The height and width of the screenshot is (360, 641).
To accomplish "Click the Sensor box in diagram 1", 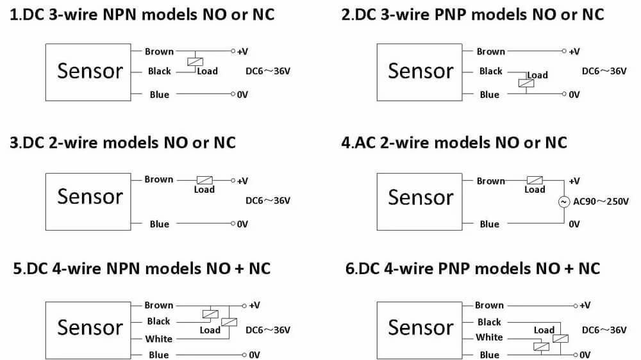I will [90, 71].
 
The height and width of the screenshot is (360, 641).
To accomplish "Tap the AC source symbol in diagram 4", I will [564, 202].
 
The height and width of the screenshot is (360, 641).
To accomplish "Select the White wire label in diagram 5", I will [158, 339].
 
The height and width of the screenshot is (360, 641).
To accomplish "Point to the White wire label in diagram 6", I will [489, 337].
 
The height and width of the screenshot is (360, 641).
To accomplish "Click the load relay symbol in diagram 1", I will [196, 61].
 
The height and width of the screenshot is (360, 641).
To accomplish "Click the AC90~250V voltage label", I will [601, 202].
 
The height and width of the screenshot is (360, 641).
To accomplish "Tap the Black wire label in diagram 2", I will [490, 71].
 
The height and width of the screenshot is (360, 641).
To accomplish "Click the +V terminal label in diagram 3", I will [242, 181].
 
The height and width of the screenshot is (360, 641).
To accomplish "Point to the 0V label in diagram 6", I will [584, 355].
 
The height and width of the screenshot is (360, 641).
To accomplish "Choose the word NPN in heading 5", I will [122, 267].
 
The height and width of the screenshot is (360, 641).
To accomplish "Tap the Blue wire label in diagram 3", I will [159, 224].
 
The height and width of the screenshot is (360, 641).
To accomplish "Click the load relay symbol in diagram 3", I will [204, 180].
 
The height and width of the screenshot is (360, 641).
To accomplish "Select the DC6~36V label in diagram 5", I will [268, 330].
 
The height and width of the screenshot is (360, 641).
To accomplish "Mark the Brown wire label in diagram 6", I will [489, 306].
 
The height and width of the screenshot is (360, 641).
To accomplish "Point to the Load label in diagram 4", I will [535, 190].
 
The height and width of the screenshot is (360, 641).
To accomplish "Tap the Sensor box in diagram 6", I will [420, 327].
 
